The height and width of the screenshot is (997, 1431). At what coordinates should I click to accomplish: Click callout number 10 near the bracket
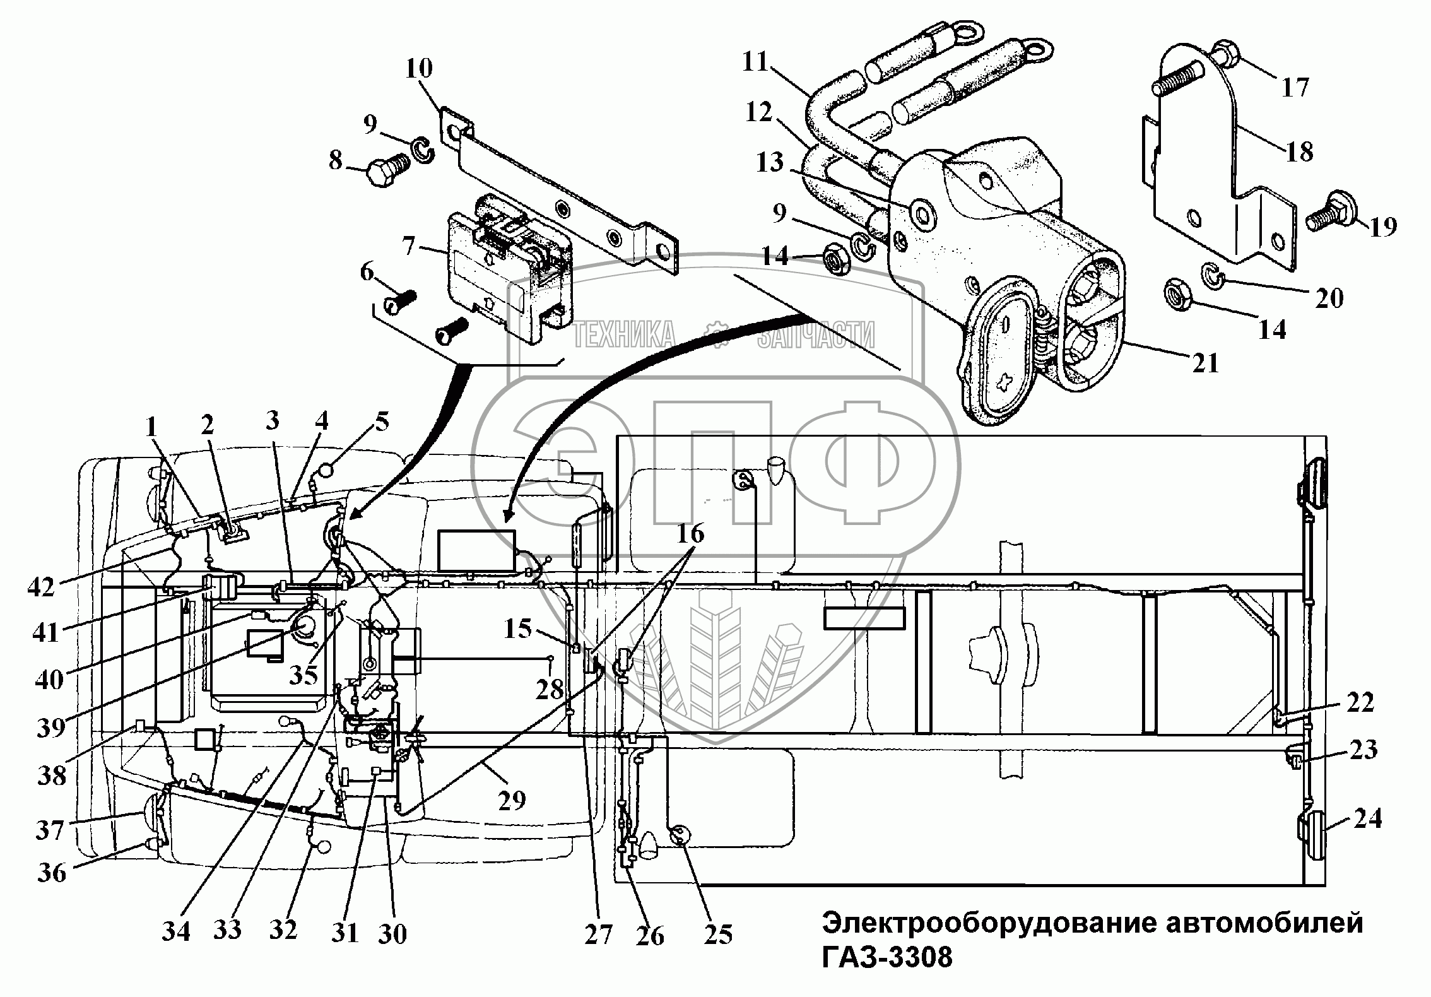[x=419, y=68]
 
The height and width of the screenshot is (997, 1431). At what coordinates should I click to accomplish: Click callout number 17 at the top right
[x=1295, y=86]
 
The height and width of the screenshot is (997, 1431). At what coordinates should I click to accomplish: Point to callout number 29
[x=512, y=800]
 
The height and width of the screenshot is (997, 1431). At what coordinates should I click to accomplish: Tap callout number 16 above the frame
[x=690, y=534]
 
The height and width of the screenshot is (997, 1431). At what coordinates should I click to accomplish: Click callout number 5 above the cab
[x=382, y=422]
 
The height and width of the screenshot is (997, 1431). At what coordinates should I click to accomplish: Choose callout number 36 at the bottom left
[x=52, y=873]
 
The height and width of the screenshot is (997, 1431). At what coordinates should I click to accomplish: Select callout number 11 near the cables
[x=755, y=63]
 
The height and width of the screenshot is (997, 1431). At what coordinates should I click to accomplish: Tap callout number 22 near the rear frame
[x=1359, y=702]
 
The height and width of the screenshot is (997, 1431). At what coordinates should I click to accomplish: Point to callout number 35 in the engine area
[x=304, y=675]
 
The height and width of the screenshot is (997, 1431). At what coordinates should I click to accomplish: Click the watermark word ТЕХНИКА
[x=624, y=334]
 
